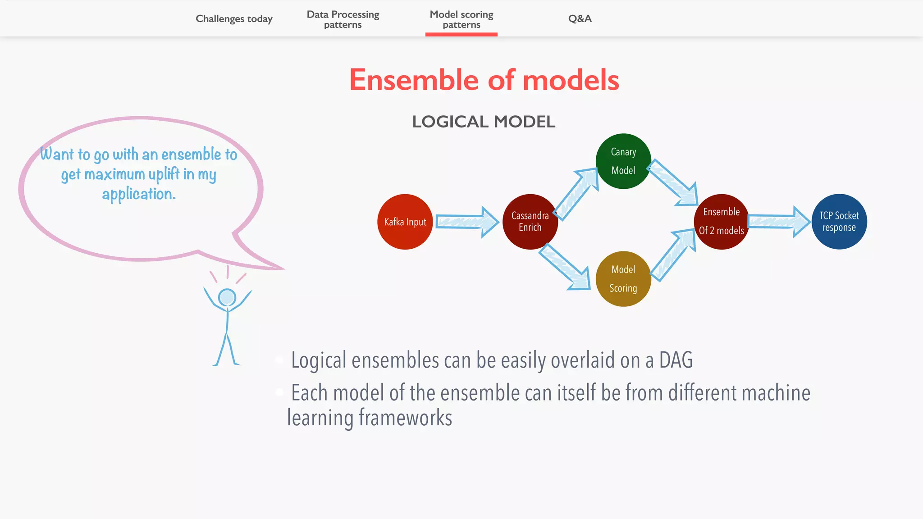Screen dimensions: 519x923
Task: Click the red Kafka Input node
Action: click(405, 222)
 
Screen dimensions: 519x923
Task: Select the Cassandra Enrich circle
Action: click(530, 222)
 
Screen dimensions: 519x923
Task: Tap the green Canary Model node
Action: click(623, 161)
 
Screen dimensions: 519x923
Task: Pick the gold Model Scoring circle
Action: click(623, 279)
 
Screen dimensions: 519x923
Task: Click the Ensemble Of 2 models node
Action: click(721, 221)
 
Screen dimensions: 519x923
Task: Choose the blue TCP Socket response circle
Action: click(839, 221)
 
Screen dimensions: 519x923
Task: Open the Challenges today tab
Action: click(234, 19)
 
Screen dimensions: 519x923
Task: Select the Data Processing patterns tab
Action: click(343, 19)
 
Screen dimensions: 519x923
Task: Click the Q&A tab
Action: click(580, 19)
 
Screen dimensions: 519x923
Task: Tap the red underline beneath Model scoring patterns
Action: click(461, 34)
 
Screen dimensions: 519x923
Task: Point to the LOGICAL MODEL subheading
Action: click(484, 122)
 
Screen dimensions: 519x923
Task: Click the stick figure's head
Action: click(227, 297)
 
